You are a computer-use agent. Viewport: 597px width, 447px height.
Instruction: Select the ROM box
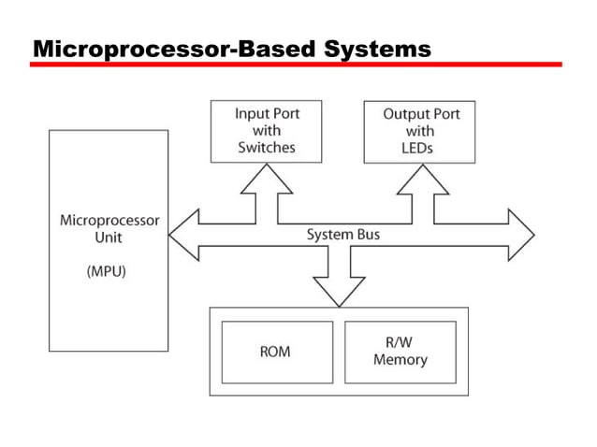(276, 352)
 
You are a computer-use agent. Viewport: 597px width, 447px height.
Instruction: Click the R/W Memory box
(400, 352)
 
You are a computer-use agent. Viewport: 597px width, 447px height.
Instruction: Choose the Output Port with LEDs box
(420, 130)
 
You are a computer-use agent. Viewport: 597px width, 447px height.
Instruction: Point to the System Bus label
(343, 235)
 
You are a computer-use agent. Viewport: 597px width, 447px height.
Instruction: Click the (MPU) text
(108, 272)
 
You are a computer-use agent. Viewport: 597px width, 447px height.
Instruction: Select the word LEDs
(420, 148)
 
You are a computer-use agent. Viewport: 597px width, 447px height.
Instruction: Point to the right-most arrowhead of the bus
(520, 235)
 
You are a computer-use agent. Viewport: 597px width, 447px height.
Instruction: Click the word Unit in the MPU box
(108, 238)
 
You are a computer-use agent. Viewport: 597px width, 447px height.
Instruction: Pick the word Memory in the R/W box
(400, 360)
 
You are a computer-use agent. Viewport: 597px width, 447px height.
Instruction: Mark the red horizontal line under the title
(296, 65)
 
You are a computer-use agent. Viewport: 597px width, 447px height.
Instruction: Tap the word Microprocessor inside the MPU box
(109, 221)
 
